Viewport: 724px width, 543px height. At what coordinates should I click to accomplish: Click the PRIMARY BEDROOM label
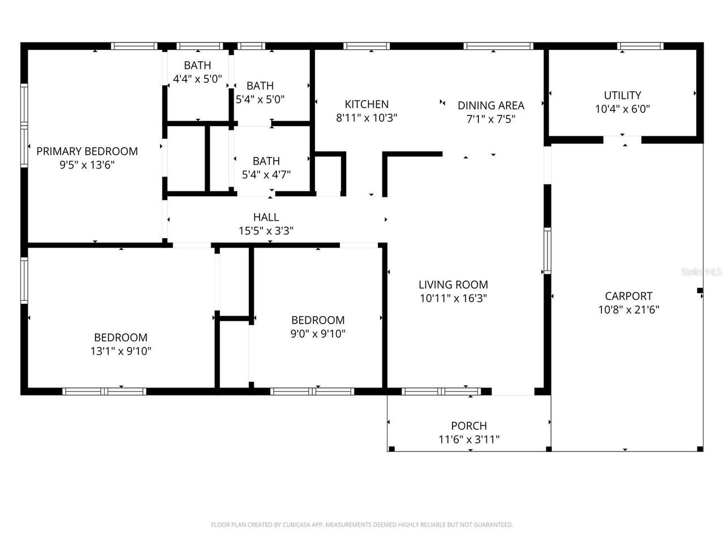(87, 151)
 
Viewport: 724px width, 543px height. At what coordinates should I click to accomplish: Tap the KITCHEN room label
(367, 104)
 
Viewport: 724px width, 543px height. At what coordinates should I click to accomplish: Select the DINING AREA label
(490, 105)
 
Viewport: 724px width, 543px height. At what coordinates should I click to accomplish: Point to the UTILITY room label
(622, 95)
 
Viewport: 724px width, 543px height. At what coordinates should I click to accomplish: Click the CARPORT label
(628, 296)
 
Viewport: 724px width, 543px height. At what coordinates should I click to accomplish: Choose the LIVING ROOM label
(453, 285)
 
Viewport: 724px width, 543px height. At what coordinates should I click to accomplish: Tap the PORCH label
(469, 426)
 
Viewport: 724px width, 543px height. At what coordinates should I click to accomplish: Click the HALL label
(266, 217)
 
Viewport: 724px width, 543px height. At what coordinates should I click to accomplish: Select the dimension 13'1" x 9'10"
(120, 351)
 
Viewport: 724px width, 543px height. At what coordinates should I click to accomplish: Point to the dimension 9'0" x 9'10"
(318, 334)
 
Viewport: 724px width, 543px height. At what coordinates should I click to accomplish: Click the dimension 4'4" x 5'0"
(197, 79)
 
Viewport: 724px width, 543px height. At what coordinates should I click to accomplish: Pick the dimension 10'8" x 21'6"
(628, 310)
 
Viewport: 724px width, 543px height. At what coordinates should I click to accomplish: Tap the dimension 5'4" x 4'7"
(266, 175)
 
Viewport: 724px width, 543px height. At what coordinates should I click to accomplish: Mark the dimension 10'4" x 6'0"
(622, 109)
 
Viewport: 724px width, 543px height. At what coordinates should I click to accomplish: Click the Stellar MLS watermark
(701, 272)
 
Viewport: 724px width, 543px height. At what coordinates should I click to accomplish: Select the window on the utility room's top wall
(640, 46)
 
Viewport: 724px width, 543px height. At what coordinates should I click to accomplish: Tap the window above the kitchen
(367, 46)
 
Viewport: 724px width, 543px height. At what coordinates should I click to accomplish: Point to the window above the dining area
(498, 46)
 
